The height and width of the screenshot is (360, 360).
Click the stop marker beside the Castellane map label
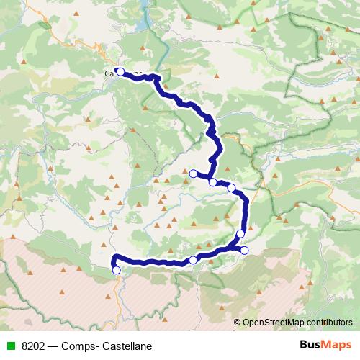point(121,71)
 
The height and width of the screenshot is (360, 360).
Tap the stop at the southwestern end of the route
point(117,270)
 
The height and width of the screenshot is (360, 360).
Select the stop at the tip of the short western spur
point(193,174)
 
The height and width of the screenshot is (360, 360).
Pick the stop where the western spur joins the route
point(212,182)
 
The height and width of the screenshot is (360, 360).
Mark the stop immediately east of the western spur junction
point(231,188)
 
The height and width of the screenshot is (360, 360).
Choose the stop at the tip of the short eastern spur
point(244,251)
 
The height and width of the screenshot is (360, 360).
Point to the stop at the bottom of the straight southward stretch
point(240,233)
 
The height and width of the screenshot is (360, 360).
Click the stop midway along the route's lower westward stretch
point(193,260)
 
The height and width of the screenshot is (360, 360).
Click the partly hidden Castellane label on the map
point(109,73)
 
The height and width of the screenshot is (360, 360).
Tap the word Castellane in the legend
point(127,346)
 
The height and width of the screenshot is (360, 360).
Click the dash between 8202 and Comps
point(57,346)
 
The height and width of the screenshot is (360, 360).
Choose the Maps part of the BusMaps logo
point(334,345)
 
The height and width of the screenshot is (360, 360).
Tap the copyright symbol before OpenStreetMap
point(238,322)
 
